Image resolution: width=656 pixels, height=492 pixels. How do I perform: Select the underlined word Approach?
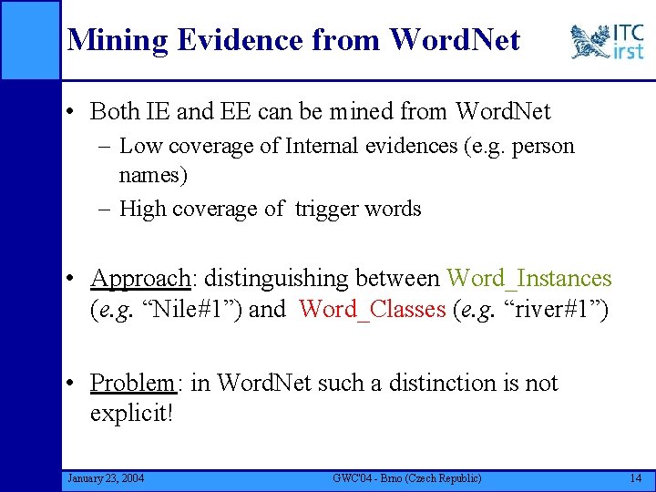[x=140, y=279]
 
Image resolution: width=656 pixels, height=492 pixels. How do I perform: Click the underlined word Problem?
[x=132, y=384]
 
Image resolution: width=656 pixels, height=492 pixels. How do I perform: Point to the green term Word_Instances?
[x=529, y=278]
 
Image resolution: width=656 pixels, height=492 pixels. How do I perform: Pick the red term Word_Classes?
[x=372, y=310]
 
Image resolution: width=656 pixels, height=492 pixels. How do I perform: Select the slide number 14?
[x=635, y=478]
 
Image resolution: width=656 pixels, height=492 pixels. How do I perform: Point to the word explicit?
[x=131, y=415]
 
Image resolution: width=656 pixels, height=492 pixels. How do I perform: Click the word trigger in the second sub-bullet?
[x=326, y=209]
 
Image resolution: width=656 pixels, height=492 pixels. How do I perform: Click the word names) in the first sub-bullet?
[x=152, y=174]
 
